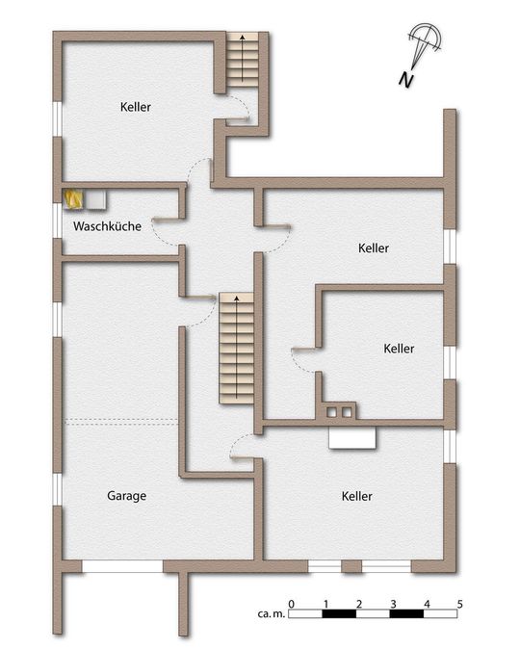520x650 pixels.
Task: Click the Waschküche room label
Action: coord(108,227)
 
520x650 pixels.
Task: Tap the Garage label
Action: coord(126,496)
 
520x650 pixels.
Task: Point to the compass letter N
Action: coord(408,80)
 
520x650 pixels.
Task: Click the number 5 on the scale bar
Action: coord(460,604)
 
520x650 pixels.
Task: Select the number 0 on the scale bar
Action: coord(292,604)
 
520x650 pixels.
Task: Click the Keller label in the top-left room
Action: coord(136,106)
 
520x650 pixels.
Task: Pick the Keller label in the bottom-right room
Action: coord(356,496)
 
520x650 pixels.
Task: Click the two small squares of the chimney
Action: coord(340,412)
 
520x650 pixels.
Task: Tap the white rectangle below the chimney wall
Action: coord(352,438)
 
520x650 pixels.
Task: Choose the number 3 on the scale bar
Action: coord(393,604)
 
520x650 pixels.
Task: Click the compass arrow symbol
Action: coord(424,42)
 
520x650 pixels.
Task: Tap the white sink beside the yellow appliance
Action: coord(96,199)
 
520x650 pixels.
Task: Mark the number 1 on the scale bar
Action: coord(325,604)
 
